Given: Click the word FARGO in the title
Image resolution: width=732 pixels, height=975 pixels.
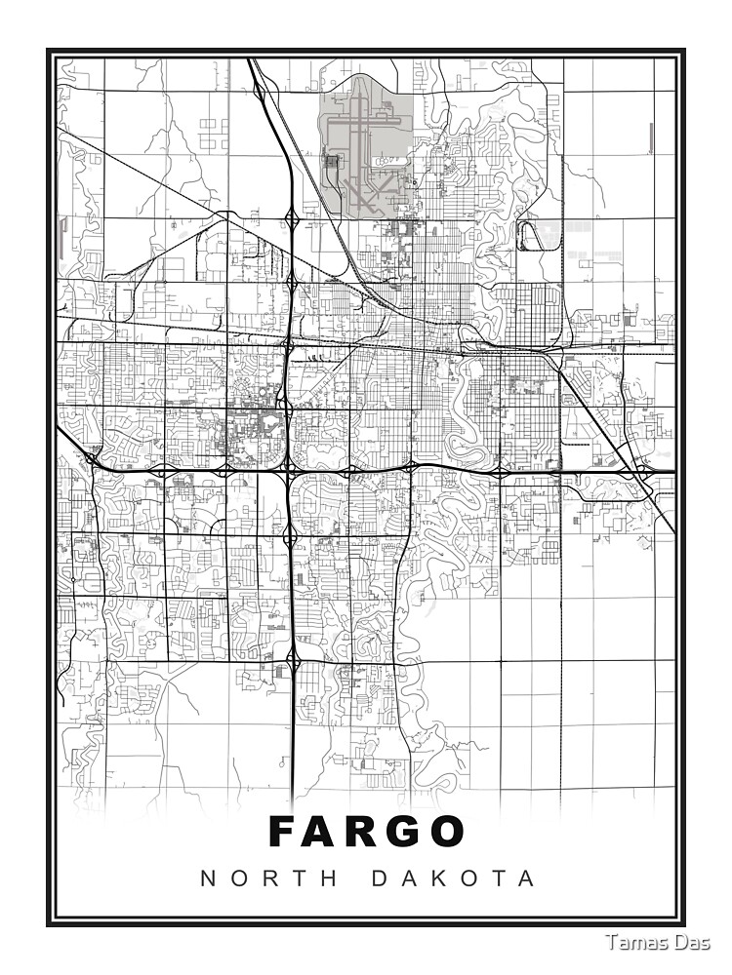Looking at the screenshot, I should click(367, 832).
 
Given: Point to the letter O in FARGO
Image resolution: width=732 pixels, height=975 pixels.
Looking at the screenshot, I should click(444, 832).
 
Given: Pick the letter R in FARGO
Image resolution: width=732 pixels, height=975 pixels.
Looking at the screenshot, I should click(362, 832).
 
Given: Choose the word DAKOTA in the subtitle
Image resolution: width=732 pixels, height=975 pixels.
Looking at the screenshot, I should click(454, 878).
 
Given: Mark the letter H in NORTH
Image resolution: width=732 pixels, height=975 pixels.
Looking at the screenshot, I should click(330, 878).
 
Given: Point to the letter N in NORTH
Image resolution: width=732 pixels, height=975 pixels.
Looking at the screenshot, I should click(207, 878).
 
